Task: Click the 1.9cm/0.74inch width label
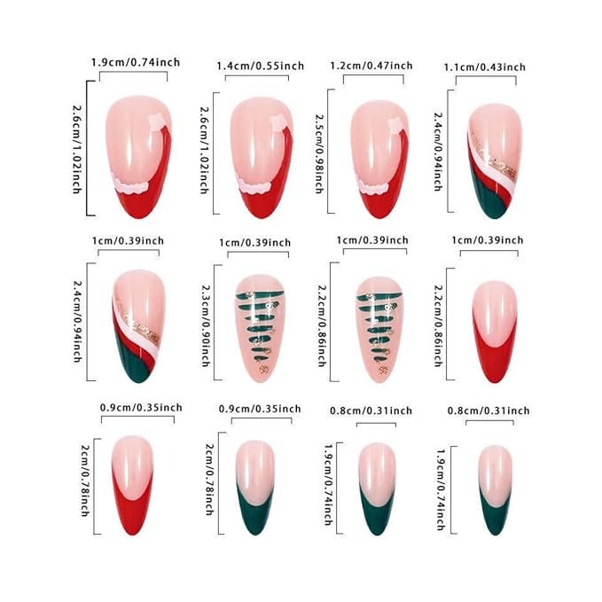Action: tap(136, 62)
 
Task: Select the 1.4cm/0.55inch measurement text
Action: tap(261, 66)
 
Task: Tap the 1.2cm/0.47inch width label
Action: tap(371, 66)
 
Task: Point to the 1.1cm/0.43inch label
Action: tap(484, 67)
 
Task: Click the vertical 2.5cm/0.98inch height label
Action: tap(319, 153)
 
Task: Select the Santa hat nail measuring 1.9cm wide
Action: tap(138, 157)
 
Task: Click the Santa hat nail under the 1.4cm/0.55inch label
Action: tap(262, 158)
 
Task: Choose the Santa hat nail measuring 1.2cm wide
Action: tap(379, 160)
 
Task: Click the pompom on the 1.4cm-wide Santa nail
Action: tap(278, 122)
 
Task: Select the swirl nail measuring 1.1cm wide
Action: tap(495, 160)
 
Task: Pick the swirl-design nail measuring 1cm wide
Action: tap(139, 326)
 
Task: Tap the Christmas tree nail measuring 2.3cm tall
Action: tap(260, 329)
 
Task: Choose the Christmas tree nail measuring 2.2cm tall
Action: tap(379, 330)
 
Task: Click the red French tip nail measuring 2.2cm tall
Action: tap(495, 332)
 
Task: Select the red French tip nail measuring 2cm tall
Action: tap(132, 485)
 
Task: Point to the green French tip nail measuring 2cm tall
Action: tap(255, 488)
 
